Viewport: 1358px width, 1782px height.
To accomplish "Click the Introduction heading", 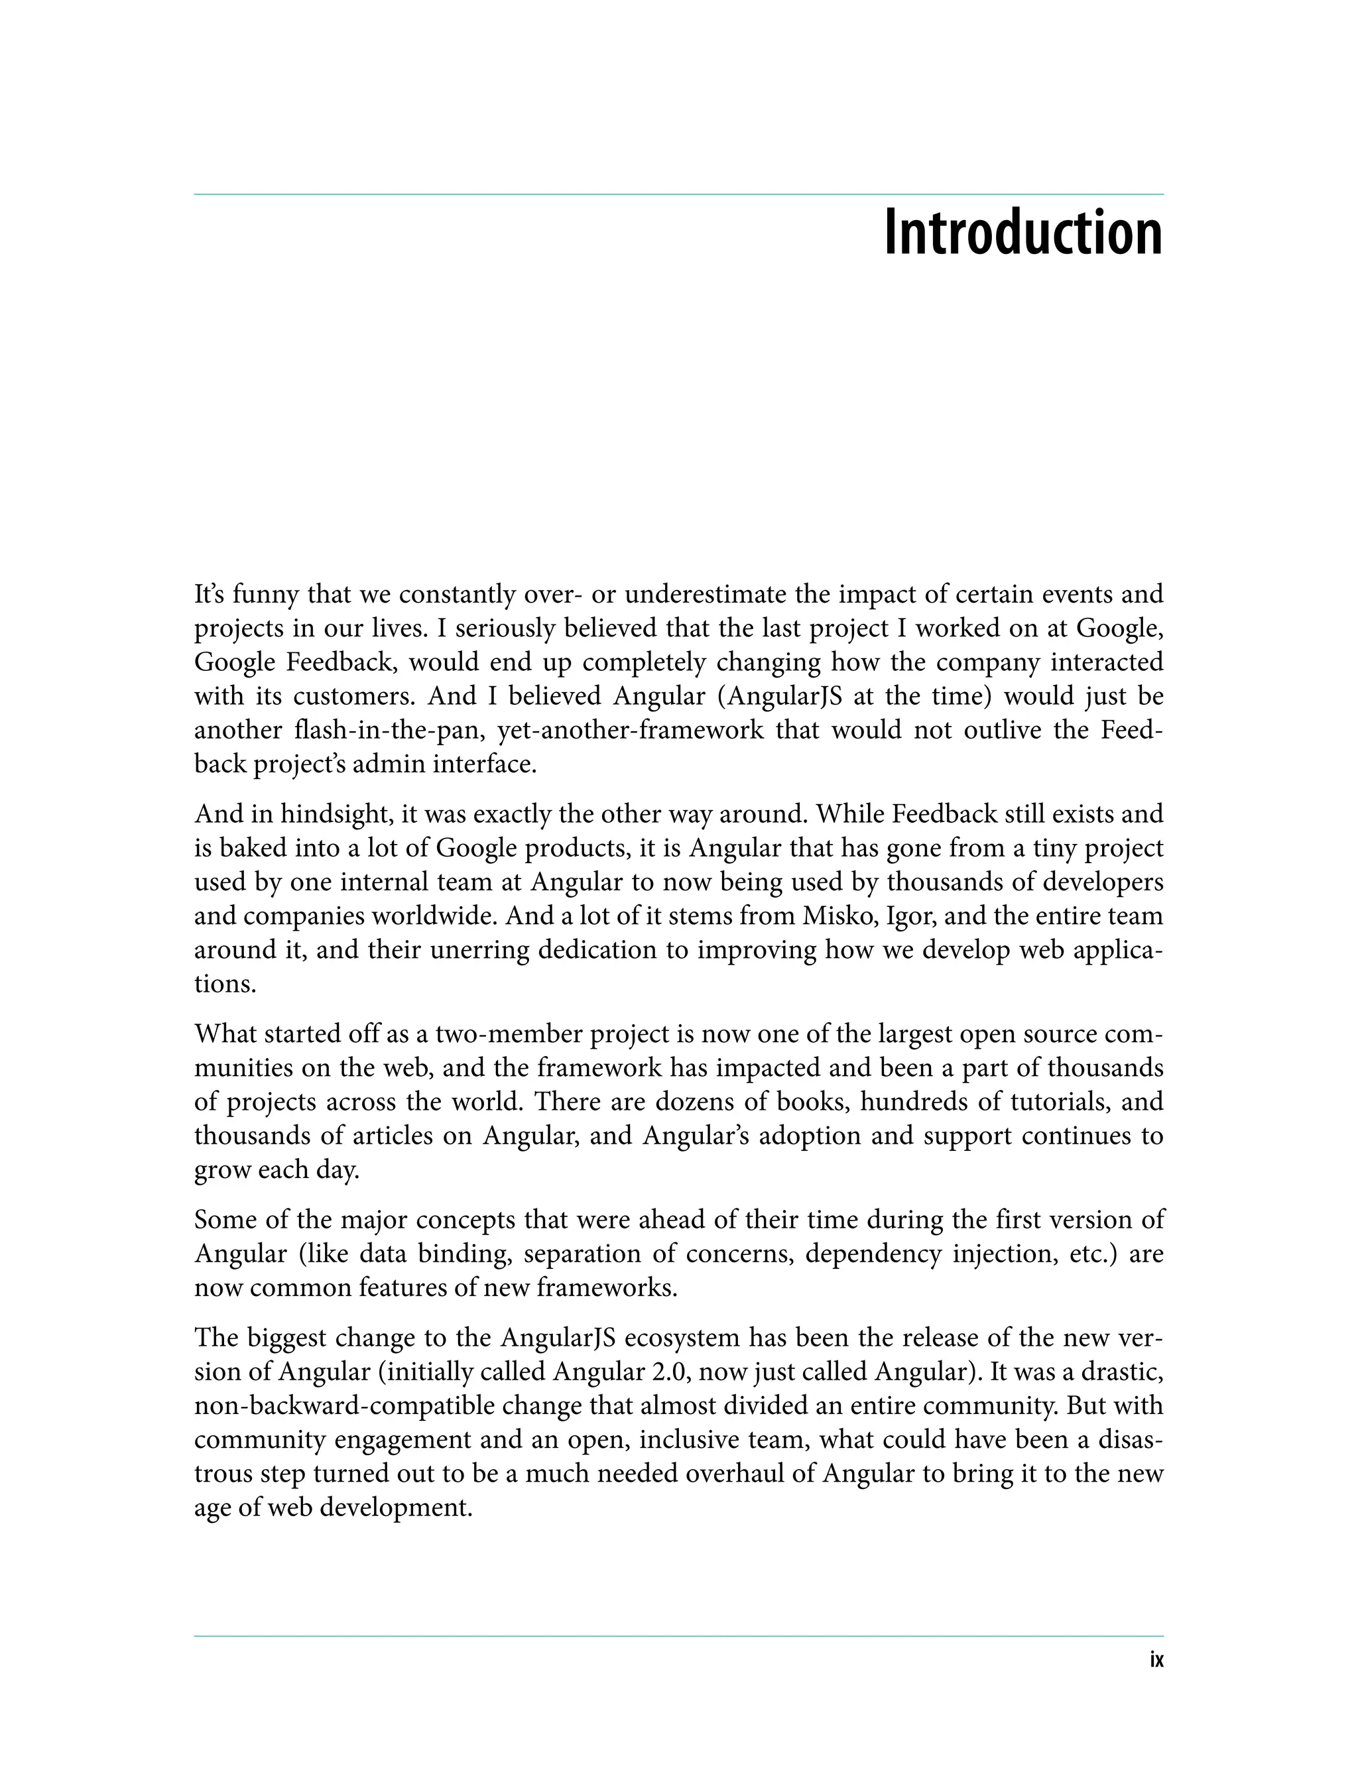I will click(x=1023, y=233).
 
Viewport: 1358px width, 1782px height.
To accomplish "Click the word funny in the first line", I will click(x=266, y=595).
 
